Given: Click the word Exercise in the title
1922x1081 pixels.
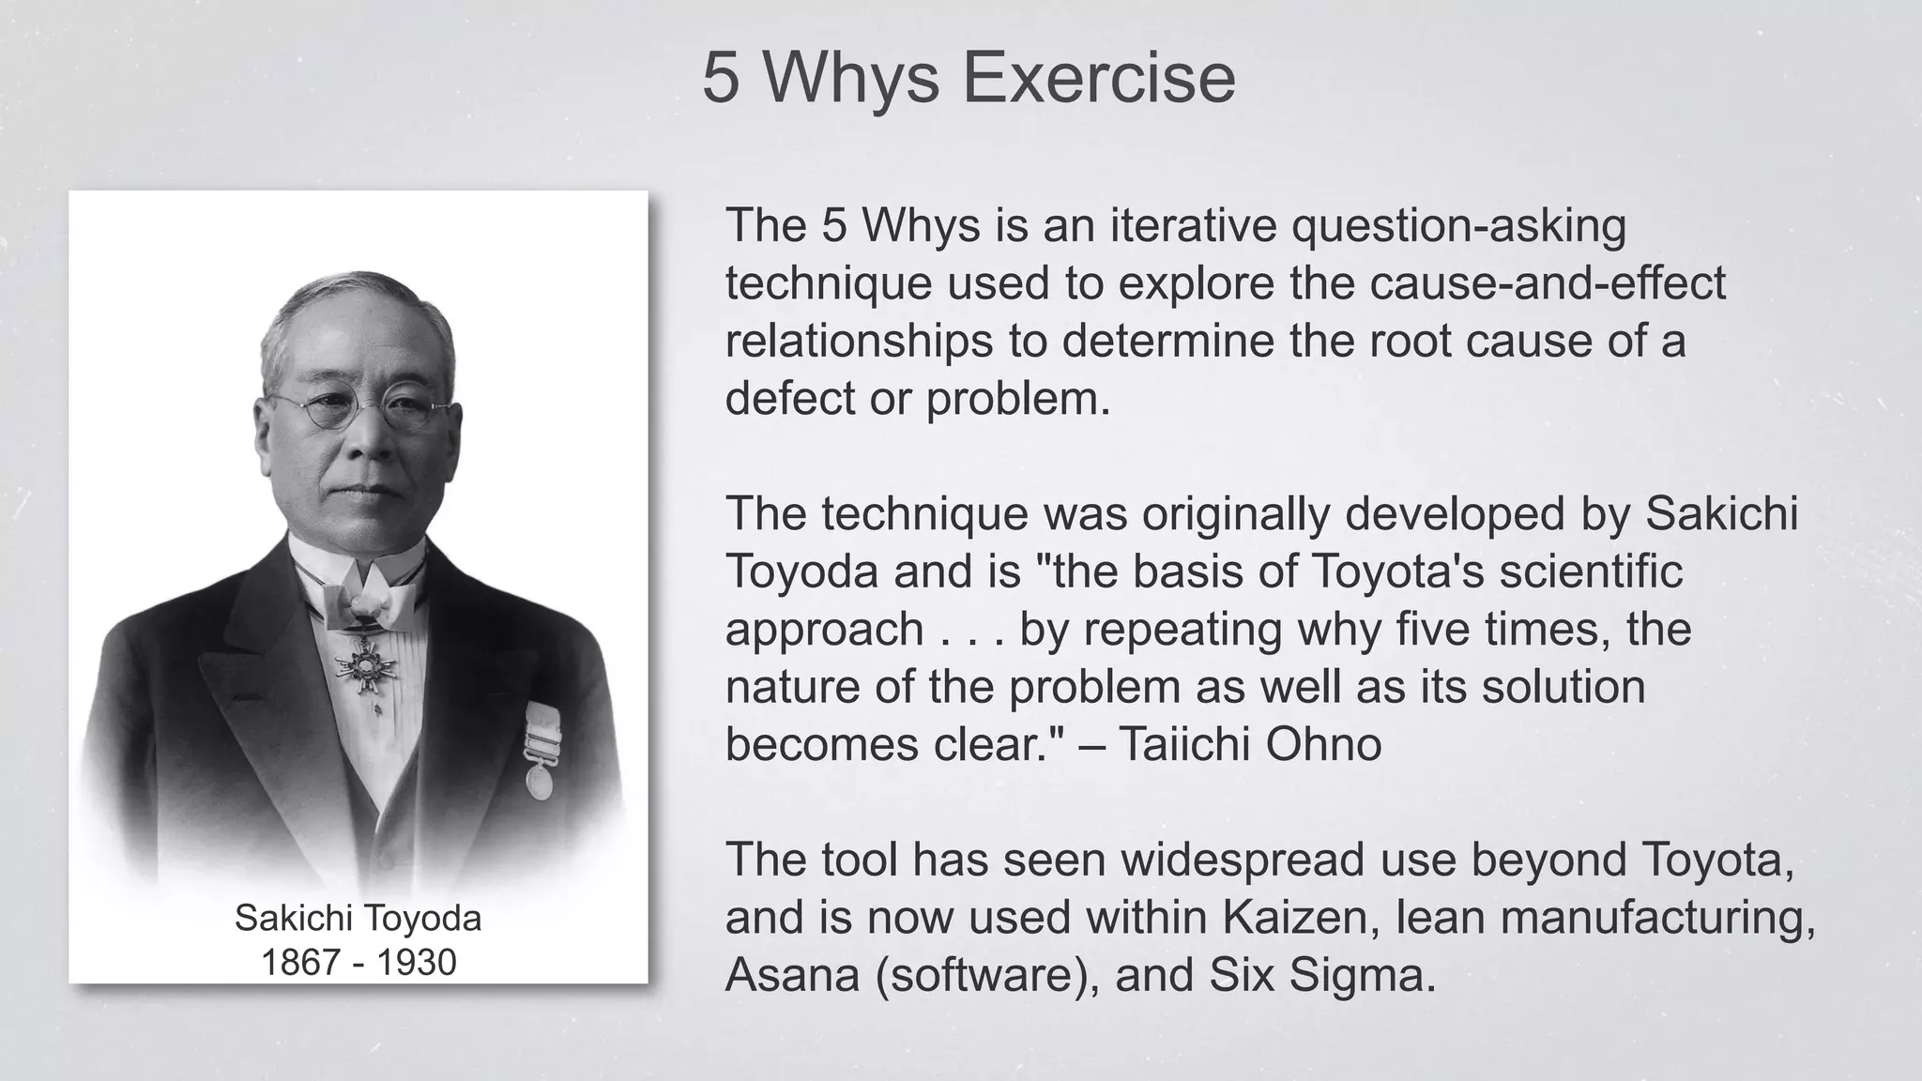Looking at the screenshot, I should [1099, 78].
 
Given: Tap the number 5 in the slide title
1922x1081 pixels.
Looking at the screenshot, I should [721, 78].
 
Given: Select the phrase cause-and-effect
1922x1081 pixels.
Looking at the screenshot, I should [1548, 283].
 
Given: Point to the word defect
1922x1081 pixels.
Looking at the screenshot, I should [789, 399].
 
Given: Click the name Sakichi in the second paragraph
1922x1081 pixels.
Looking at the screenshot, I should [1721, 514].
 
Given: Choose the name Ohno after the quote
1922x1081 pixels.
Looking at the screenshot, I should [1323, 745].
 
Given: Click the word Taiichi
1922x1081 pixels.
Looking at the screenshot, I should [1184, 745].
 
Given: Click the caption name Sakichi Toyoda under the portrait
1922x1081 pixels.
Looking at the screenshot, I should [358, 919].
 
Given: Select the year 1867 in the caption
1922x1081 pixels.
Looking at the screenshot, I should [300, 963].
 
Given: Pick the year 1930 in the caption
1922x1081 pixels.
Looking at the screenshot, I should [417, 963].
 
